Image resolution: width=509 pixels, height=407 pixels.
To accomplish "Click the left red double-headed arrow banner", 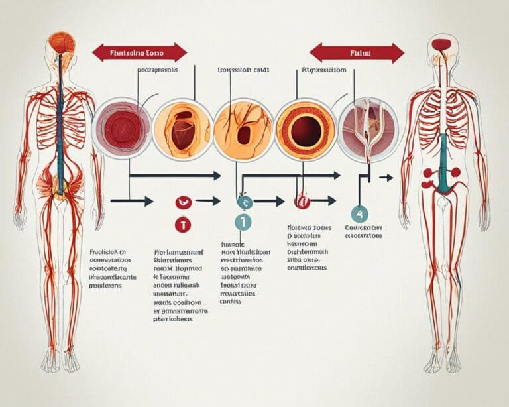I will pyautogui.click(x=139, y=52).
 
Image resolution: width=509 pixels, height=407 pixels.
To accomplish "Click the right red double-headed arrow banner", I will pyautogui.click(x=357, y=52).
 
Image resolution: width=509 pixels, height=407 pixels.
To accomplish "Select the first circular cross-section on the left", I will pyautogui.click(x=121, y=129).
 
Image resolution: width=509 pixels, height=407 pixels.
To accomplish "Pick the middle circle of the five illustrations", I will pyautogui.click(x=243, y=129).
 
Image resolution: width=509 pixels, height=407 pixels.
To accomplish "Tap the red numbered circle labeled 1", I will pyautogui.click(x=182, y=225).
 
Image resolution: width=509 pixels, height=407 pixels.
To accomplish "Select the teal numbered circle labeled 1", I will pyautogui.click(x=243, y=223).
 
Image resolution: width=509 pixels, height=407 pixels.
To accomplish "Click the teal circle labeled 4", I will pyautogui.click(x=359, y=213).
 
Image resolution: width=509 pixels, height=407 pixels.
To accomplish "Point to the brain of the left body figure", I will pyautogui.click(x=61, y=42).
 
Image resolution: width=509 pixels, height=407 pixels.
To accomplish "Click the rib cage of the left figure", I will pyautogui.click(x=61, y=116).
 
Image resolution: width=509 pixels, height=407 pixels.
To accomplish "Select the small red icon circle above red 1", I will pyautogui.click(x=180, y=202).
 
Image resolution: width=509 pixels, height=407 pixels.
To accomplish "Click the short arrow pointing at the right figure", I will pyautogui.click(x=385, y=178).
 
